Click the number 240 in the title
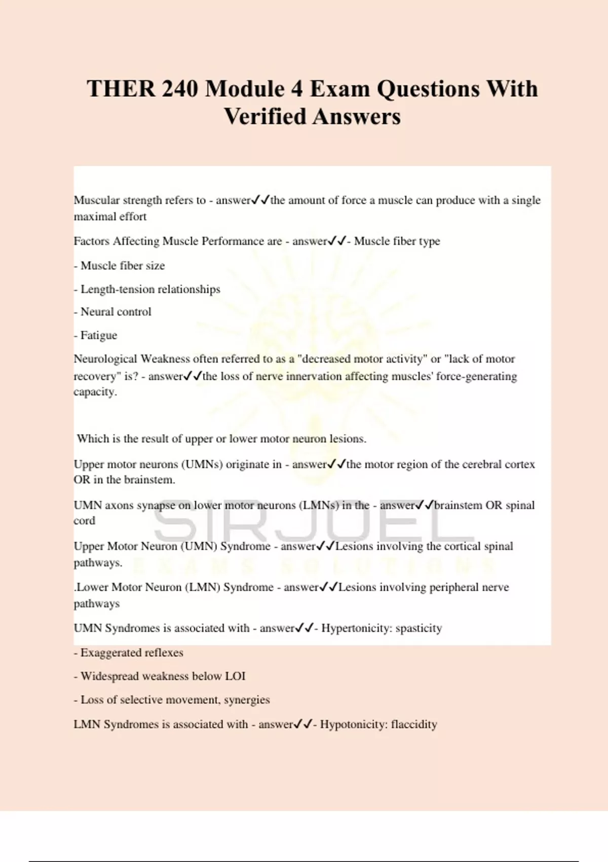tap(180, 89)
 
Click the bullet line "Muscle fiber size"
tap(122, 266)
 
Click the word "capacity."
tap(95, 392)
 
